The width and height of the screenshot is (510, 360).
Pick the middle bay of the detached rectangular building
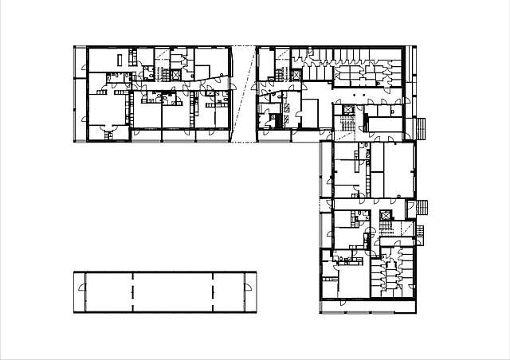point(173,292)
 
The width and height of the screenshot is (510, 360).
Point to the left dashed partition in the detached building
point(132,292)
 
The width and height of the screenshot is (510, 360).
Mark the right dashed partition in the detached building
point(214,292)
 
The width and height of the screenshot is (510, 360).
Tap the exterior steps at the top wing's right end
point(422,127)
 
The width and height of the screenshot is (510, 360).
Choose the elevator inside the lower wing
point(386,216)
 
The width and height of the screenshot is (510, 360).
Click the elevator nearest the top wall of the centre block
point(297,74)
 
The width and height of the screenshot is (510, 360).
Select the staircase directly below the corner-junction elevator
point(347,125)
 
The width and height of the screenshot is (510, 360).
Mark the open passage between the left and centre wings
point(243,94)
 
